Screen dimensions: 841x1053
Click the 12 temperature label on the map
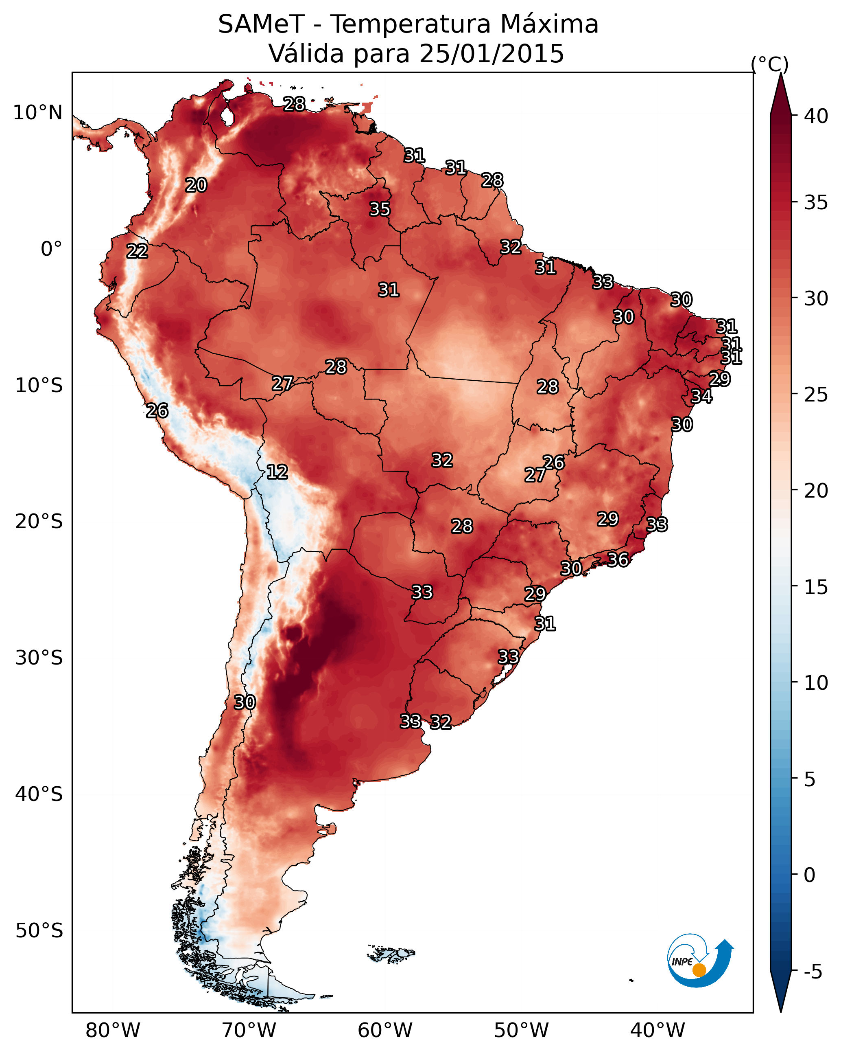[x=277, y=472]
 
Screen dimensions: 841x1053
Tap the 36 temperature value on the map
[x=618, y=560]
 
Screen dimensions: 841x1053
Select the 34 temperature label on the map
[x=701, y=396]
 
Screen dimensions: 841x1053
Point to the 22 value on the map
[x=137, y=251]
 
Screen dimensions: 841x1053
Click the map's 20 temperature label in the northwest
[x=196, y=185]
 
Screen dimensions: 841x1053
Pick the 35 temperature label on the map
[x=380, y=209]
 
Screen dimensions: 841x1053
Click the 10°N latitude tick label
[x=37, y=113]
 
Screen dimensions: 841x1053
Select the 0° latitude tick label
[x=52, y=249]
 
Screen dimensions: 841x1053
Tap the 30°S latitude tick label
[x=39, y=658]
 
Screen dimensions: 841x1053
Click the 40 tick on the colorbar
[x=816, y=116]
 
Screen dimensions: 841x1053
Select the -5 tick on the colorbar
[x=813, y=972]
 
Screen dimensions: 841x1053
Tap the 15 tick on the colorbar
[x=816, y=587]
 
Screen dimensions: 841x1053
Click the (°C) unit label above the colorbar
[x=770, y=64]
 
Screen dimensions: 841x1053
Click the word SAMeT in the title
[x=262, y=24]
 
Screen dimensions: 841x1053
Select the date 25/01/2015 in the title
[x=491, y=53]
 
